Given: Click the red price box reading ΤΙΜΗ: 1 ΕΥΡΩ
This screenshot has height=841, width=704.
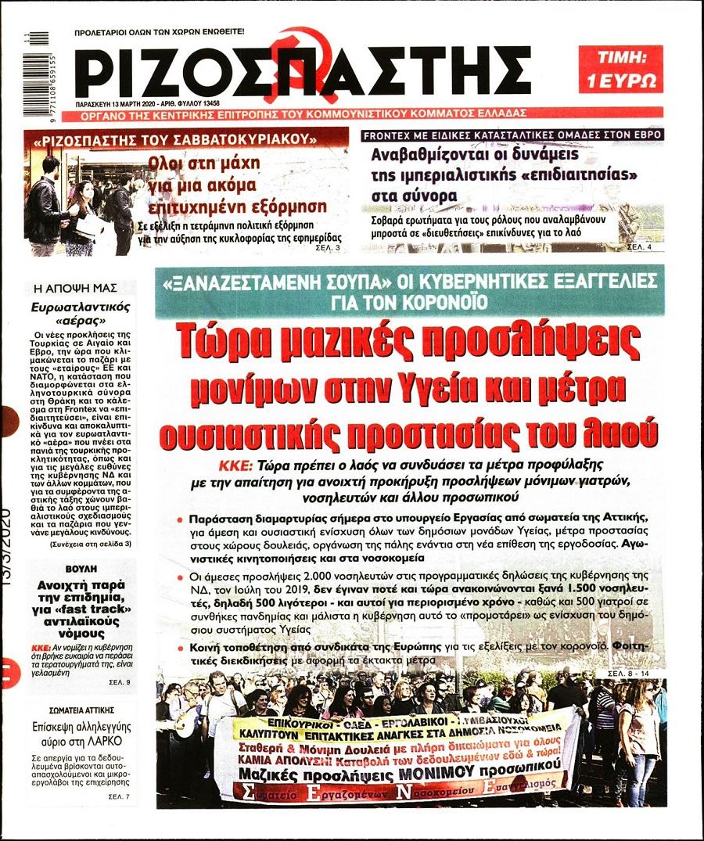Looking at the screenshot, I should point(620,69).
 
